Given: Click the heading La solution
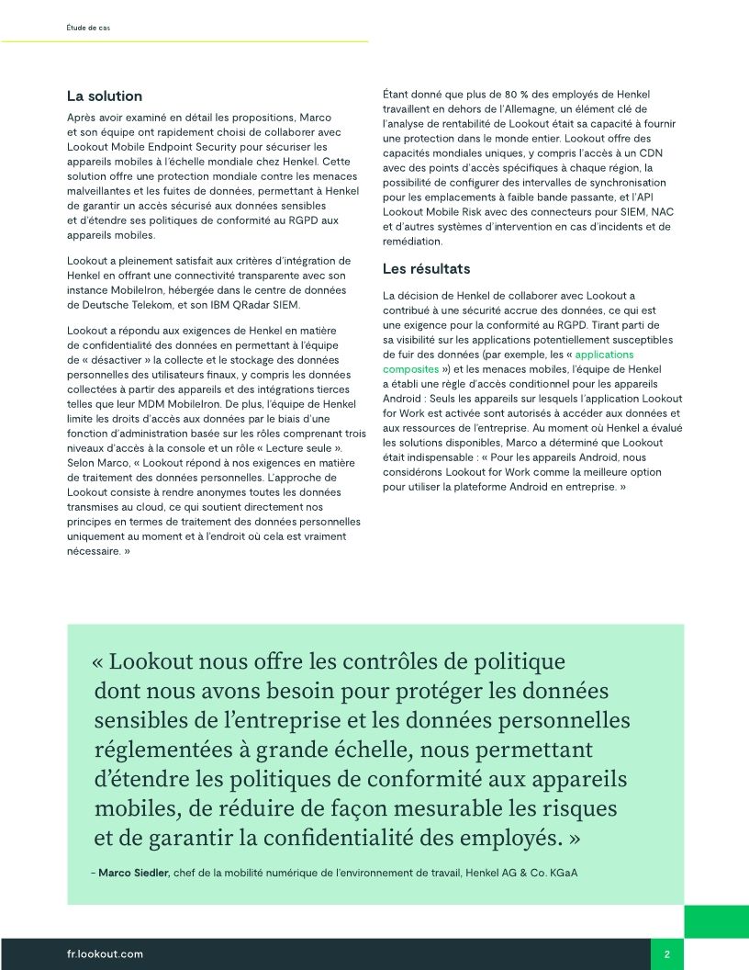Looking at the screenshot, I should [x=105, y=96].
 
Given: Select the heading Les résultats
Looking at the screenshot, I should [x=426, y=269].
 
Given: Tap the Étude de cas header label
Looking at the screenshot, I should [x=88, y=28].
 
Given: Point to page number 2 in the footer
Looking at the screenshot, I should [x=667, y=954].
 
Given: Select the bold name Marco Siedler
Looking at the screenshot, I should [x=134, y=872].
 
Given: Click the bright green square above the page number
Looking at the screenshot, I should [x=716, y=921].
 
